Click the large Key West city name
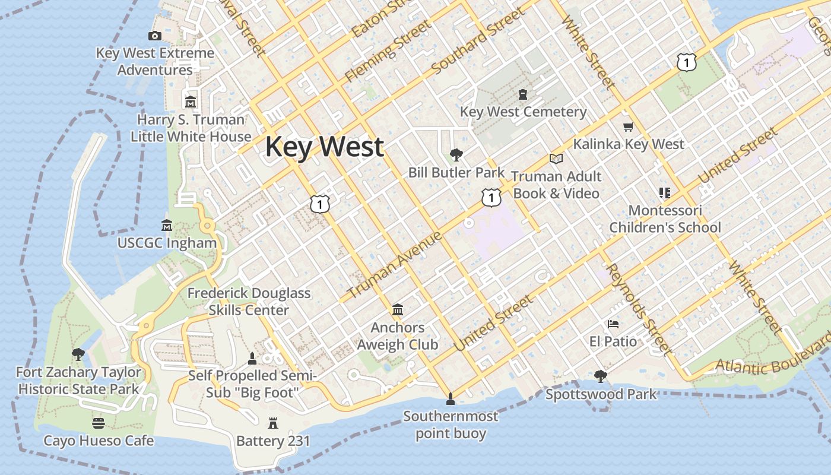click(x=324, y=147)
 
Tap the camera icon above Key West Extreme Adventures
click(x=155, y=36)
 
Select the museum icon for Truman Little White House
click(x=191, y=102)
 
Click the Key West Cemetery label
click(x=523, y=112)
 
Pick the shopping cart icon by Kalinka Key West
click(x=629, y=126)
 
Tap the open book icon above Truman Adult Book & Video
click(x=556, y=159)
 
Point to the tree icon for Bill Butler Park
click(x=456, y=155)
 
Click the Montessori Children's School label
click(x=665, y=218)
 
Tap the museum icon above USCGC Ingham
click(x=167, y=226)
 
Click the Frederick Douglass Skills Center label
click(x=249, y=301)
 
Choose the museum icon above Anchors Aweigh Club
click(x=398, y=310)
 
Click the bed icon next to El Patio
click(x=613, y=324)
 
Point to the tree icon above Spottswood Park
click(x=601, y=376)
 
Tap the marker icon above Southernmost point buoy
click(x=450, y=398)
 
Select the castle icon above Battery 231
click(x=273, y=423)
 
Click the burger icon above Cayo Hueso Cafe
click(x=99, y=423)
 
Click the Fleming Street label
click(x=389, y=50)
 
